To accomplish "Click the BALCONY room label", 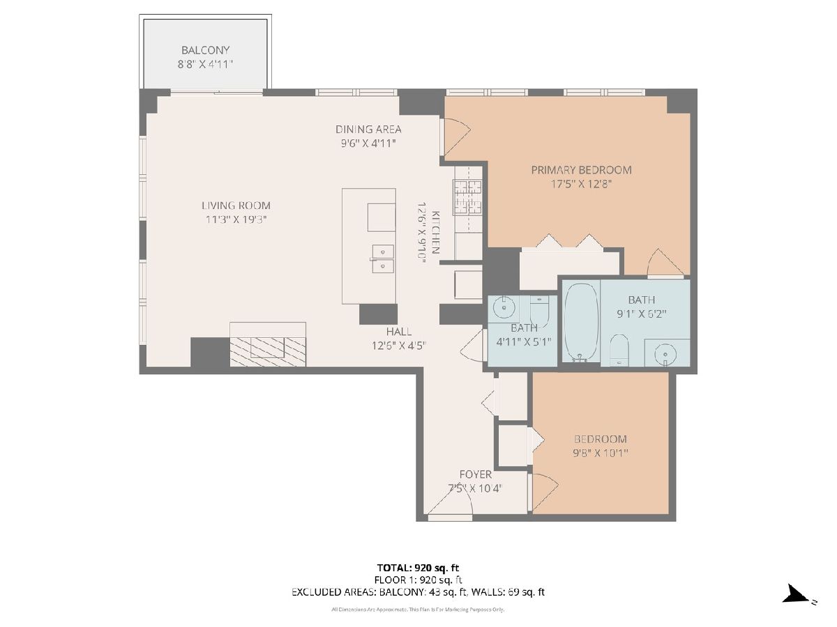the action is pos(205,50).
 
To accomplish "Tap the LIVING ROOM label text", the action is pos(236,206).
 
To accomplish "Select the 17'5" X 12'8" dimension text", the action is pos(581,184).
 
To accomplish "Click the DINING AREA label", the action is pos(368,130).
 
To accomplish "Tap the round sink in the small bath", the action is pos(504,307).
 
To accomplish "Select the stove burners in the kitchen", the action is pos(467,197).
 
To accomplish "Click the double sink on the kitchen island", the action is pos(383,259).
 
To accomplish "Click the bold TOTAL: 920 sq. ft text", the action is pos(418,568).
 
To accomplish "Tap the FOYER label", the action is pos(476,474).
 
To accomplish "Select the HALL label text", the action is pos(399,331).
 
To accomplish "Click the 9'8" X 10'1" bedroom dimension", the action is pos(601,453).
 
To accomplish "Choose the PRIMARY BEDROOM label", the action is pos(581,170).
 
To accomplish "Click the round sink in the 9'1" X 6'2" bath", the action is pos(665,355).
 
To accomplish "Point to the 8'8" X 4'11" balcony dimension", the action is pos(205,64).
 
